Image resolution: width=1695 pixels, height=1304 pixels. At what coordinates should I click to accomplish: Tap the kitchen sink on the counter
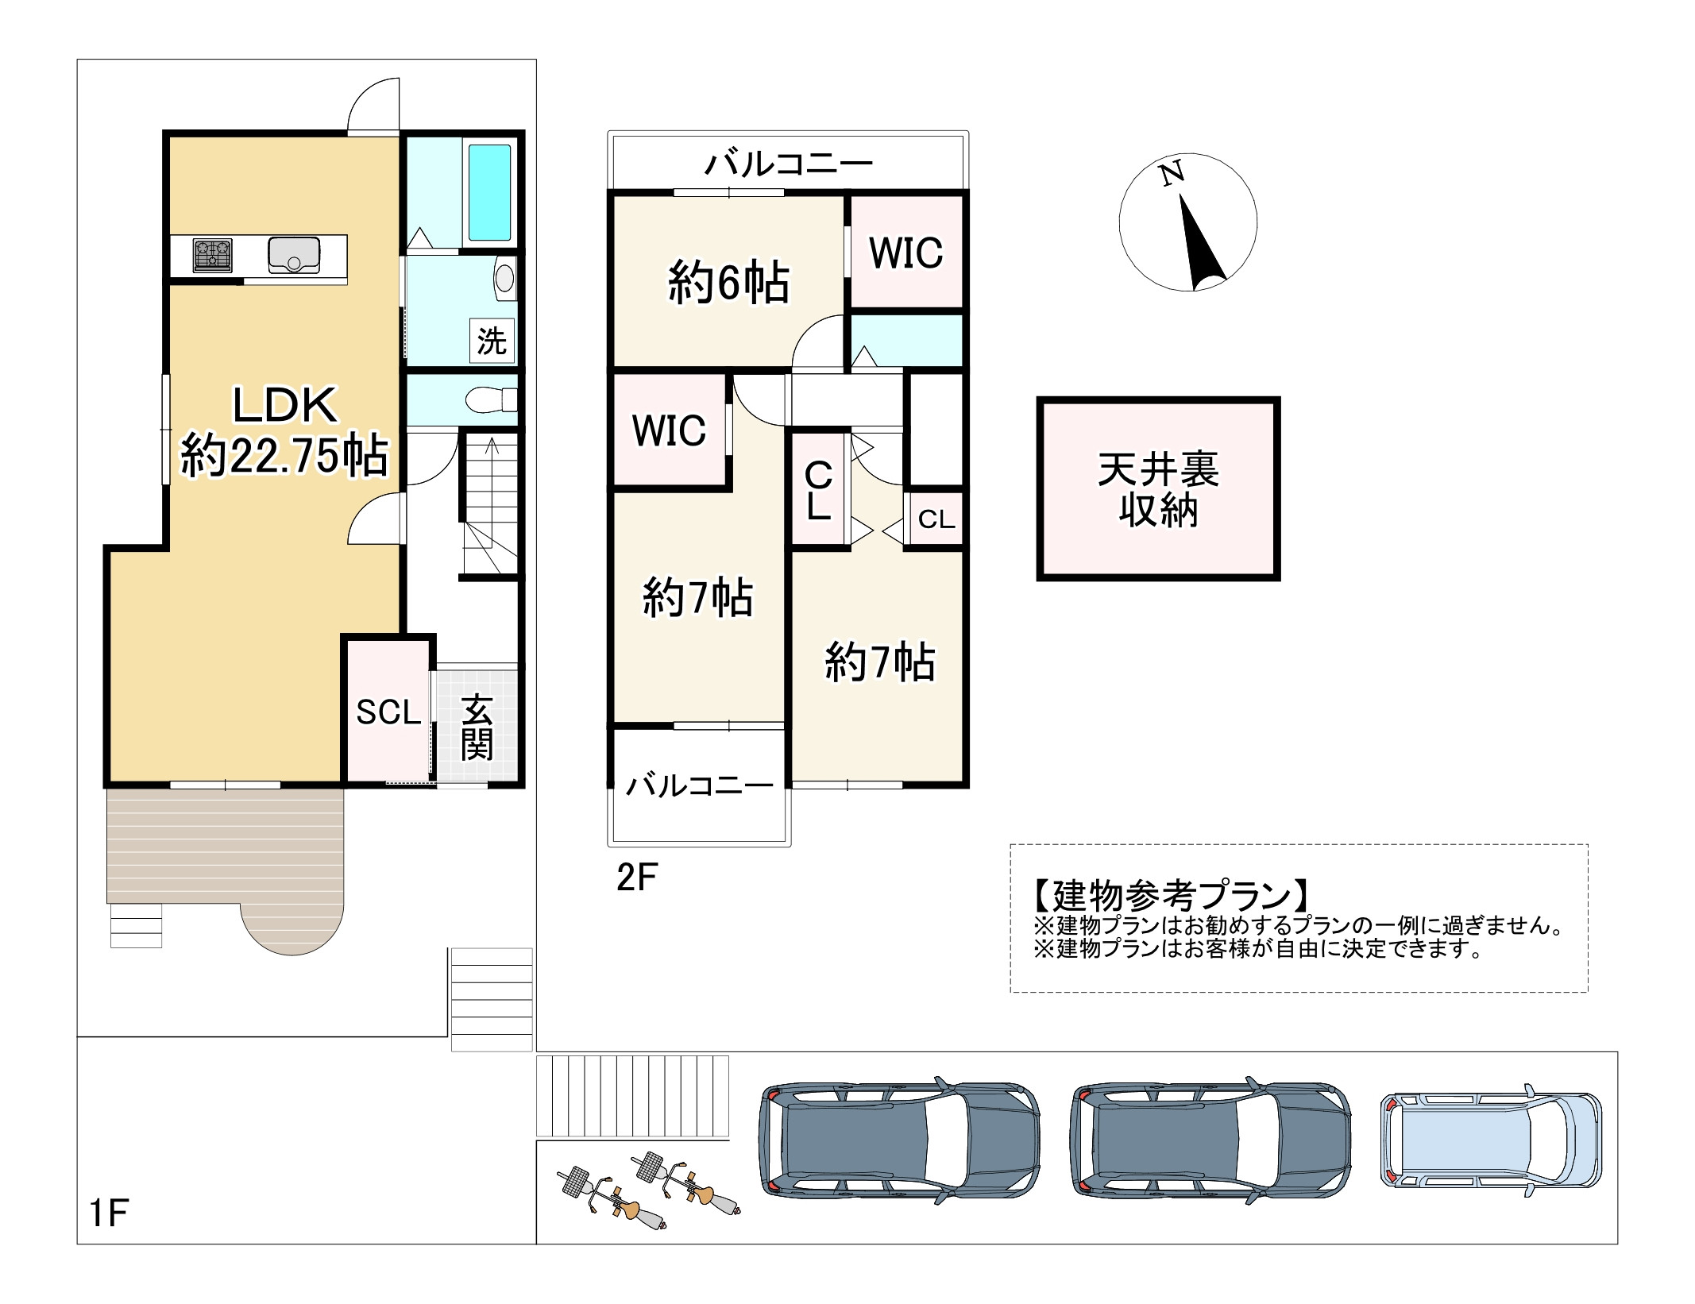[x=294, y=254]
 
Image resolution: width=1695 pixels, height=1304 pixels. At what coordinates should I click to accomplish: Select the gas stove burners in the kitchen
[x=212, y=255]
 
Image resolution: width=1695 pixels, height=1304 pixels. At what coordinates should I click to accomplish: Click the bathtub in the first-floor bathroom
[x=489, y=192]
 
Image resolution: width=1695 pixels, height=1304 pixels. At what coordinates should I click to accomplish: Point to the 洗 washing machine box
[x=492, y=341]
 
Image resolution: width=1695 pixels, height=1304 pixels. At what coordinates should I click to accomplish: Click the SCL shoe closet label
[x=388, y=712]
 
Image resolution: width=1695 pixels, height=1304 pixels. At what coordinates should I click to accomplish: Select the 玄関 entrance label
[x=477, y=727]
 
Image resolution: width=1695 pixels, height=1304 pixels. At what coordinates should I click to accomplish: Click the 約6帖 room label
[x=728, y=284]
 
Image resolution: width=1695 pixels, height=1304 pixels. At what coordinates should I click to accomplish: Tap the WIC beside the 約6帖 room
[x=905, y=253]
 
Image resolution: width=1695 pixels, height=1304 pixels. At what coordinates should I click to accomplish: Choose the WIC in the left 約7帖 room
[x=669, y=431]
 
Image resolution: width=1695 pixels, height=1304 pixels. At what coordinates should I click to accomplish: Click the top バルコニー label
[x=788, y=164]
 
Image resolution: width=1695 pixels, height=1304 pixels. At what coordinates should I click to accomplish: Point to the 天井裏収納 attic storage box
[x=1158, y=490]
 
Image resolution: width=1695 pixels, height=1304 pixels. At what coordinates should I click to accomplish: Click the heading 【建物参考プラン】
[x=1171, y=896]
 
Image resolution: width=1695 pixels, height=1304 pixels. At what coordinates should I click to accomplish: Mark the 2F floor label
[x=636, y=878]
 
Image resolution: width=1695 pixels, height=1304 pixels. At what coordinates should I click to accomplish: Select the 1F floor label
[x=109, y=1213]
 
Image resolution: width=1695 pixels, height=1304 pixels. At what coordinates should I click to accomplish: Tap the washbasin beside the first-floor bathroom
[x=504, y=278]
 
